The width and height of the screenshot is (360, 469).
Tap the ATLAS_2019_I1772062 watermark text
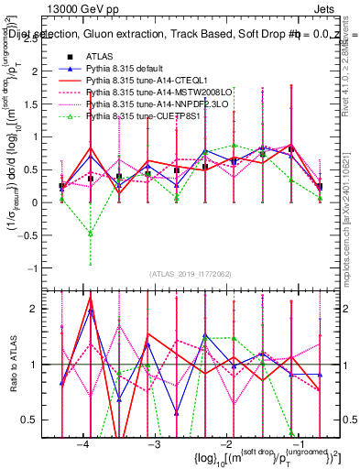coord(191,274)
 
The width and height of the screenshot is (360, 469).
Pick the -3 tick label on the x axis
coord(155,444)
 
